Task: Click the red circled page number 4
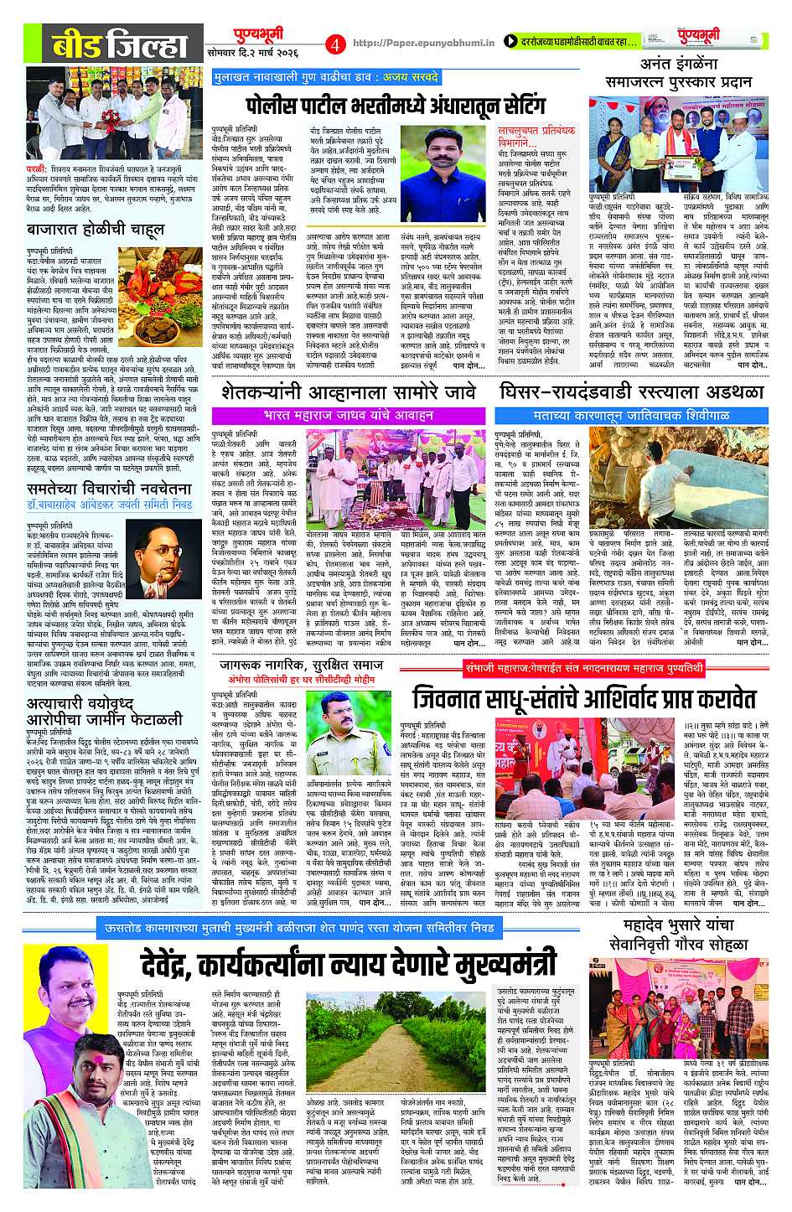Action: click(336, 43)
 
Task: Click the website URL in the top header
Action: click(424, 43)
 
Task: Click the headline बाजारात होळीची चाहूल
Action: click(95, 228)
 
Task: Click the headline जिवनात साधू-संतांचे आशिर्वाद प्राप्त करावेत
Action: click(583, 698)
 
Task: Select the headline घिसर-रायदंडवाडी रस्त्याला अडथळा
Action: click(631, 392)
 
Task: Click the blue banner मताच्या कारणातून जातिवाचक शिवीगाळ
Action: click(631, 415)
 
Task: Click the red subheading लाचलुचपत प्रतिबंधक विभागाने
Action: click(536, 137)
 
